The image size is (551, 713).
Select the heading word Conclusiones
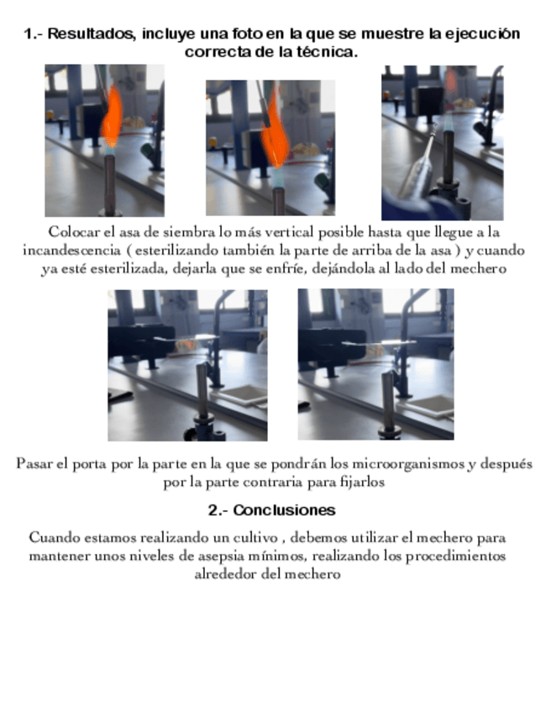tap(285, 510)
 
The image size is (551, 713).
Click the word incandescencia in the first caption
tap(71, 251)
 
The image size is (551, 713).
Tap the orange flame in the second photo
tap(275, 129)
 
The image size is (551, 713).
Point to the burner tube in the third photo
tap(449, 155)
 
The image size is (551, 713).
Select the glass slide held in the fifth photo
tap(379, 343)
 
